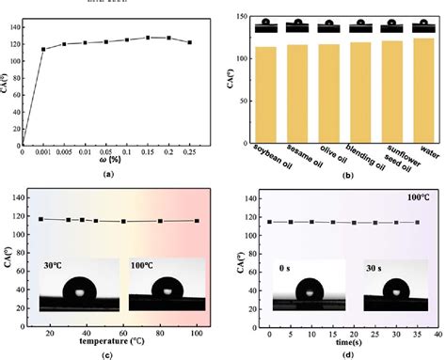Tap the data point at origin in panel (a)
tap(23, 146)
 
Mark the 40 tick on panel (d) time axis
tap(438, 335)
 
